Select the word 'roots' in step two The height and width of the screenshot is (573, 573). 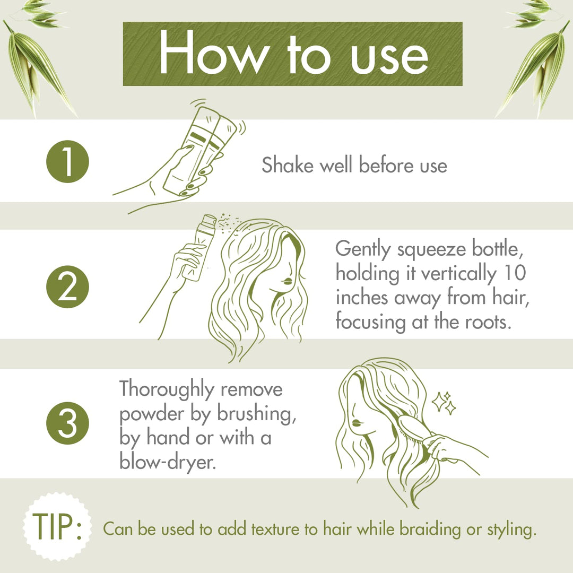point(481,322)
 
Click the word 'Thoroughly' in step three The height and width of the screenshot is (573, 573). point(164,389)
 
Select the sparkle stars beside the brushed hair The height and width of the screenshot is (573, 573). point(445,403)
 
